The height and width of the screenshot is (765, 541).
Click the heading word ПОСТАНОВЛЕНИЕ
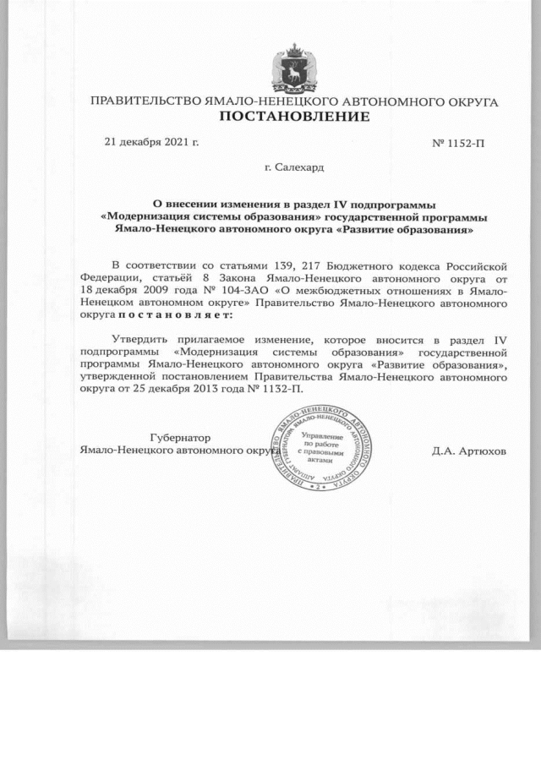click(x=293, y=117)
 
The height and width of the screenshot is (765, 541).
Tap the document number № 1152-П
click(x=458, y=142)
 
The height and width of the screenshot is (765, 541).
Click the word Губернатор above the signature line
click(x=179, y=437)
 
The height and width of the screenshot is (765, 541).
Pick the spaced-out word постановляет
click(x=173, y=315)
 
